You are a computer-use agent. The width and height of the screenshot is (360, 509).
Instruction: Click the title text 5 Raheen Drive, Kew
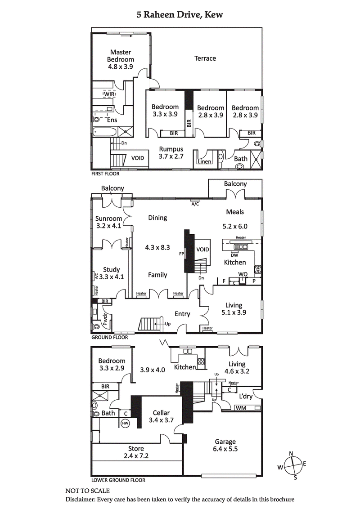(x=180, y=15)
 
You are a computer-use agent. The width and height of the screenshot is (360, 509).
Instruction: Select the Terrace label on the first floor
(x=205, y=58)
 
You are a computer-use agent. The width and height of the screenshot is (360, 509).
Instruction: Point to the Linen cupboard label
(x=204, y=161)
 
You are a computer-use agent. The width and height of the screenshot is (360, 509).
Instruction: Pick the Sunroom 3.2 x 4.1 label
(x=108, y=222)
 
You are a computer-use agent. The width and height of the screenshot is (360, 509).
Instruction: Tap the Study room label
(x=111, y=273)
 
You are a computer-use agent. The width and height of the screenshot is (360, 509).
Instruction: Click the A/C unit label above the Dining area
(x=195, y=203)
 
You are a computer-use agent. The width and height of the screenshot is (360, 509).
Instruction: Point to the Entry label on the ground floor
(x=182, y=314)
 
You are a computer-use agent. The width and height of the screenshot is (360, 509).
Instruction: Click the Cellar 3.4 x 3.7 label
(x=161, y=416)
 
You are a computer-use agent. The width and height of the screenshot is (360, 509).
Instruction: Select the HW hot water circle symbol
(x=125, y=423)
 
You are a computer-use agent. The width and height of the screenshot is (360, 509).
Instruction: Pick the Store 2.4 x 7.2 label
(x=136, y=452)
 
